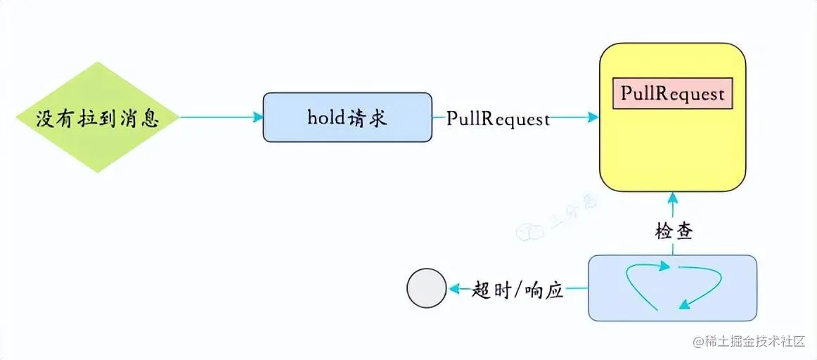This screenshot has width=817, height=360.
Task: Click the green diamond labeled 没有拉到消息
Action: click(98, 117)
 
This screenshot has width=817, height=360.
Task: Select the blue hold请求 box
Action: click(347, 117)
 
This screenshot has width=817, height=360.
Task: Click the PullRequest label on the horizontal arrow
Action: click(498, 118)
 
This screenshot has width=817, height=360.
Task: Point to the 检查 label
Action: click(672, 231)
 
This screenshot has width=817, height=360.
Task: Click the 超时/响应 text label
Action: click(518, 289)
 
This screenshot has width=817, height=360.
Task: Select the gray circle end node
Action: click(427, 289)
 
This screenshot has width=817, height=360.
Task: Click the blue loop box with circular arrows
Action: click(672, 288)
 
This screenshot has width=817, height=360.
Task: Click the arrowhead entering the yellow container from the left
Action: click(593, 117)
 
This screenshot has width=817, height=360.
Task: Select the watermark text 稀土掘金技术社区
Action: click(753, 342)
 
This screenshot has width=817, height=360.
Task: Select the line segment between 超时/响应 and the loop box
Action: click(577, 289)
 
